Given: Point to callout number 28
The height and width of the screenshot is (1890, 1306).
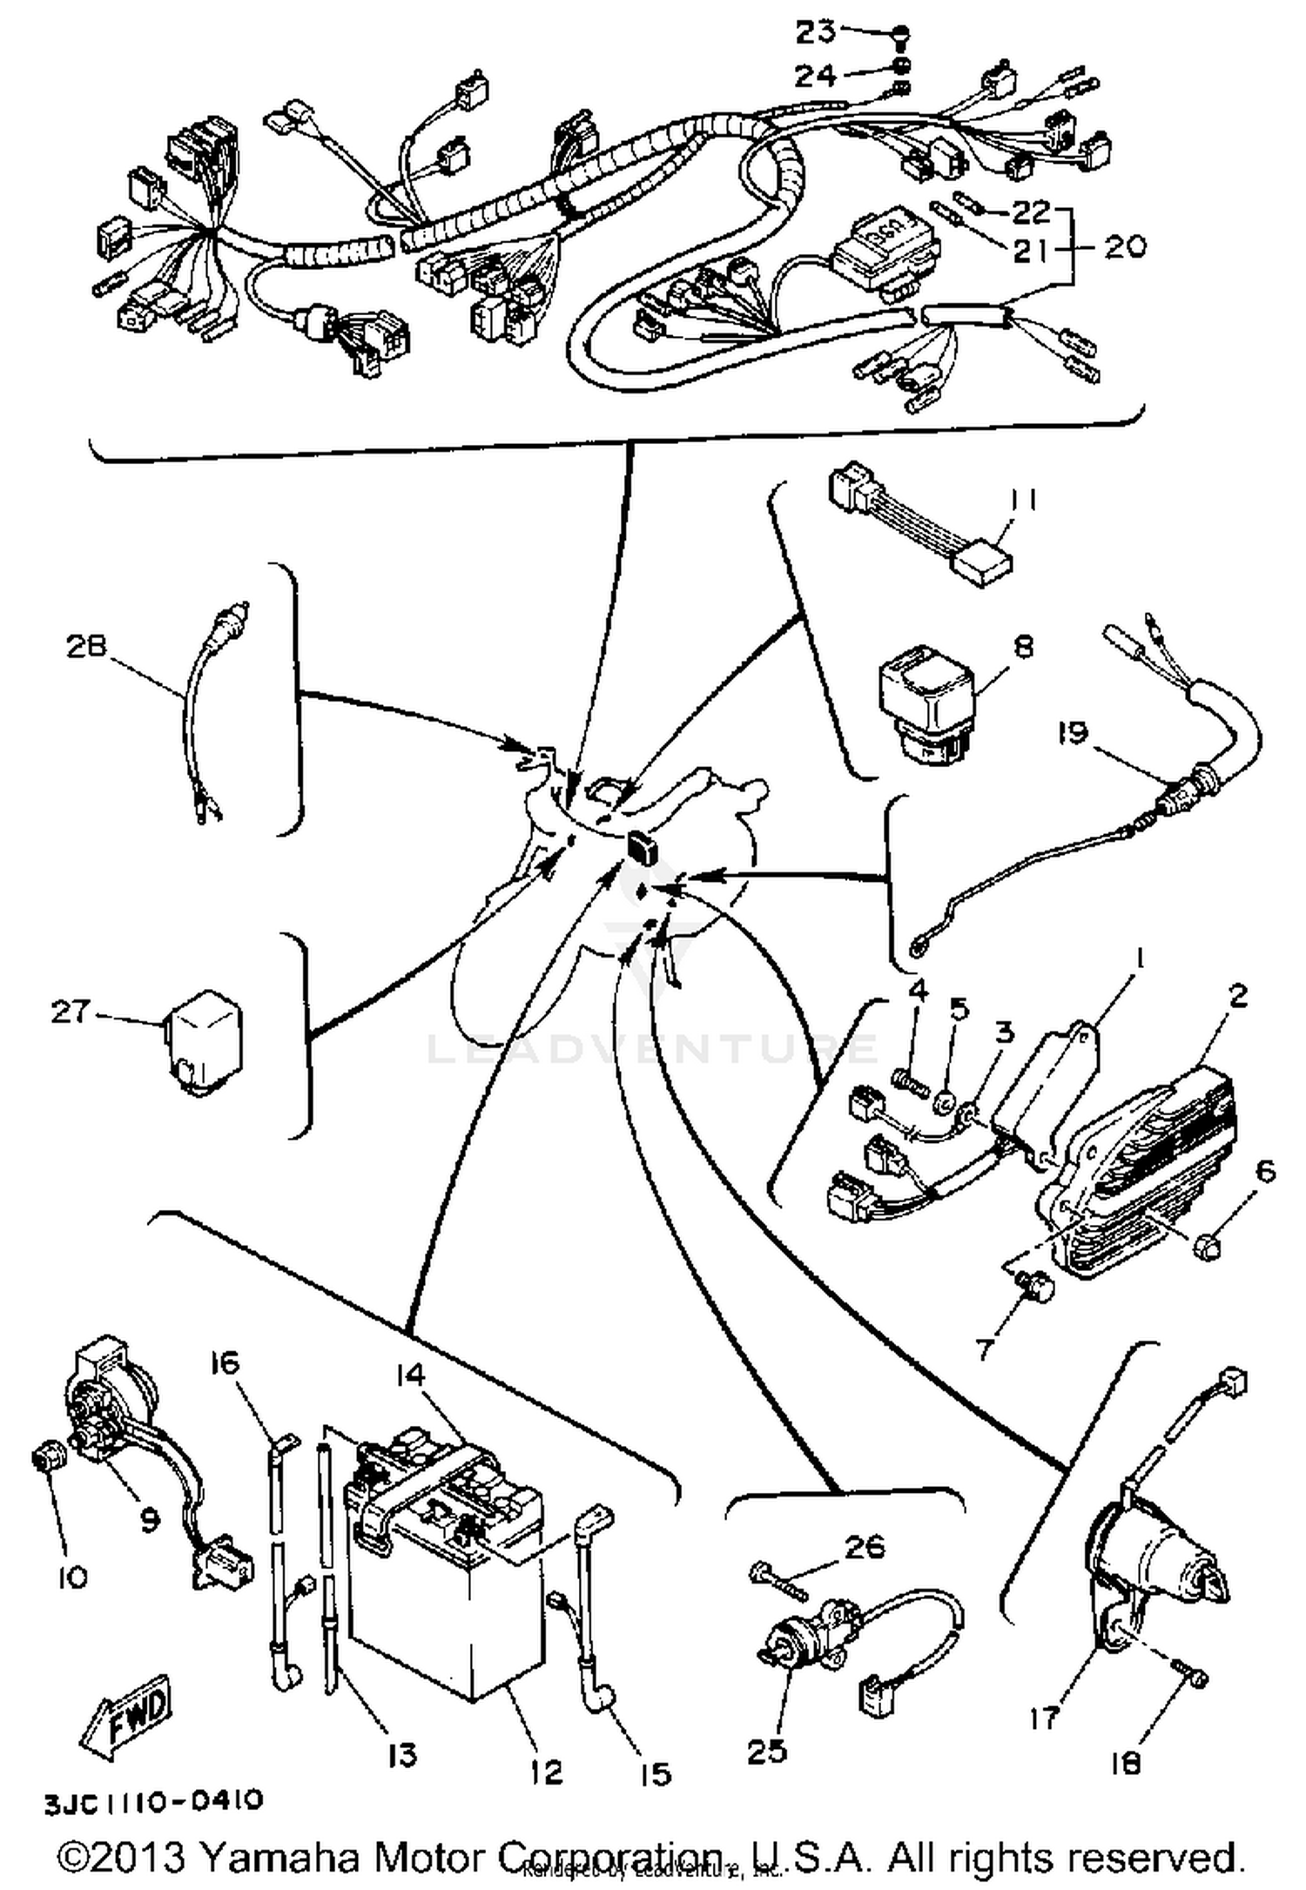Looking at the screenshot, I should [x=85, y=646].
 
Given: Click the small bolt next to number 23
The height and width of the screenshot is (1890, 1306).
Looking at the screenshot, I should [x=901, y=35].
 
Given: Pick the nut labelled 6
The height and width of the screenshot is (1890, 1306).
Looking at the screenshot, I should [x=1210, y=1246].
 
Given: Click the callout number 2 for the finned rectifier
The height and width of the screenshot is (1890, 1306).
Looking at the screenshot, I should [x=1237, y=995].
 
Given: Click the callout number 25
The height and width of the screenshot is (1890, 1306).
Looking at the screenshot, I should [x=767, y=1751].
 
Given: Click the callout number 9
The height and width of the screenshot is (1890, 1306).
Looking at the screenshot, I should [x=150, y=1518].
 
